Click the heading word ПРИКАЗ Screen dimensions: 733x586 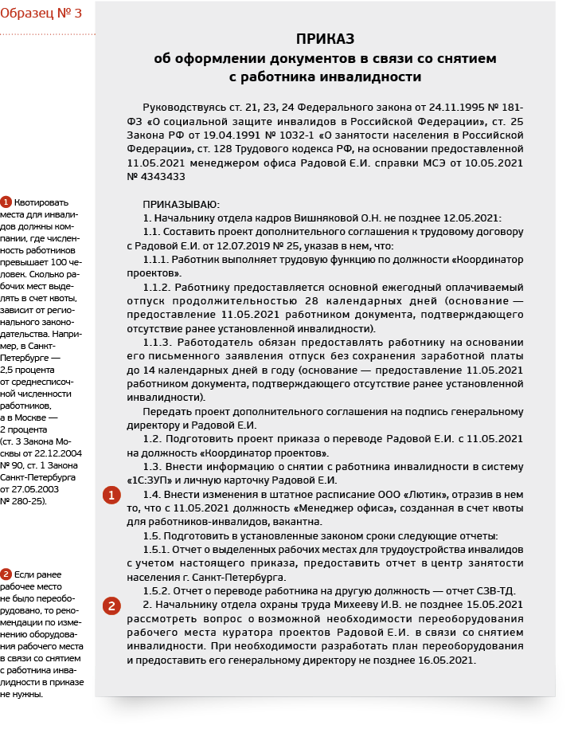point(325,39)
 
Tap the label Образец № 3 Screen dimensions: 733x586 point(41,14)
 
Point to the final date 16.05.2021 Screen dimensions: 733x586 point(447,660)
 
